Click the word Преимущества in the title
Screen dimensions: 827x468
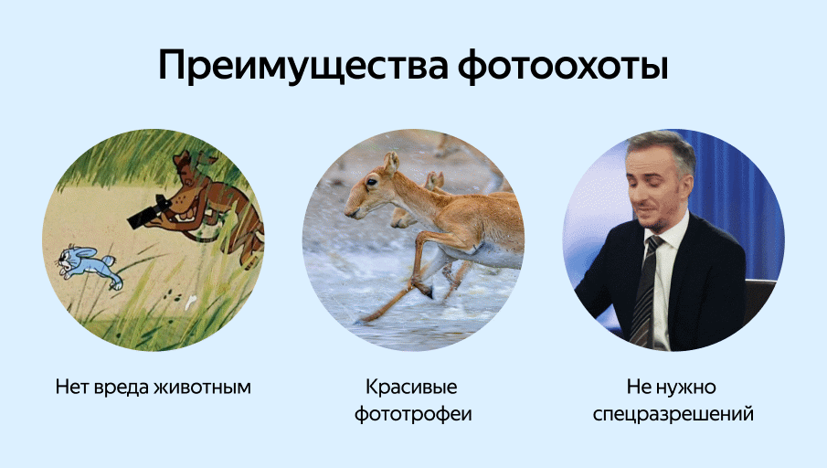point(303,67)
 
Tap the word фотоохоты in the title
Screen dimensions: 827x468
point(563,67)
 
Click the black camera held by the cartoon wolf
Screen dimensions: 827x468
point(149,211)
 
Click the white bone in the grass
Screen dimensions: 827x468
point(190,302)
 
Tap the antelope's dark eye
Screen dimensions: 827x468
point(371,182)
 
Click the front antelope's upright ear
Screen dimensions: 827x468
point(391,163)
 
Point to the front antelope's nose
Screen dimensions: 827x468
point(350,212)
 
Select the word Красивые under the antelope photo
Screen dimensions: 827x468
point(411,388)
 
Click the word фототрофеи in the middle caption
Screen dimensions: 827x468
point(413,414)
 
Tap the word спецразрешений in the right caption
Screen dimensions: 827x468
point(673,414)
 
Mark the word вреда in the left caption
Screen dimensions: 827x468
point(122,388)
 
